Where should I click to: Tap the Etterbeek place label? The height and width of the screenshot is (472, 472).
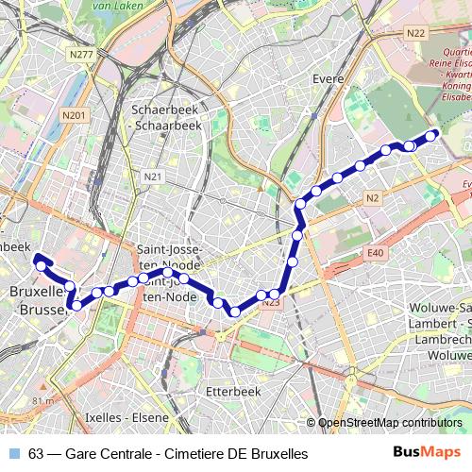tap(232, 389)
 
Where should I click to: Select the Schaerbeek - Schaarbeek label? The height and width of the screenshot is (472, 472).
tap(167, 117)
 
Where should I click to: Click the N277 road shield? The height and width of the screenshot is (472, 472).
tap(82, 55)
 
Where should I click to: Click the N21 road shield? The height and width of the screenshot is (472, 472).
tap(153, 177)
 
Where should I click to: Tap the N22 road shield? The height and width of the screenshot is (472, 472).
tap(414, 33)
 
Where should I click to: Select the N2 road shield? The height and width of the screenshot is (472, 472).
tap(373, 198)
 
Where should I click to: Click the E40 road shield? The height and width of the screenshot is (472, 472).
tap(376, 253)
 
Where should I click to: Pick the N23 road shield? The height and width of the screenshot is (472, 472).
tap(272, 302)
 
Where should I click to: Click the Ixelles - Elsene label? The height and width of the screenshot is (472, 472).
tap(126, 415)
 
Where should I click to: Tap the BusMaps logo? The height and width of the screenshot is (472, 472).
tap(426, 452)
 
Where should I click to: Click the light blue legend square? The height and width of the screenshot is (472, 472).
tap(13, 453)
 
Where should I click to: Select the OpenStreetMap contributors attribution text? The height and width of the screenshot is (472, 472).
tap(389, 423)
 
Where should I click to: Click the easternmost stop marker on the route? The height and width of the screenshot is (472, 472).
tap(431, 136)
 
